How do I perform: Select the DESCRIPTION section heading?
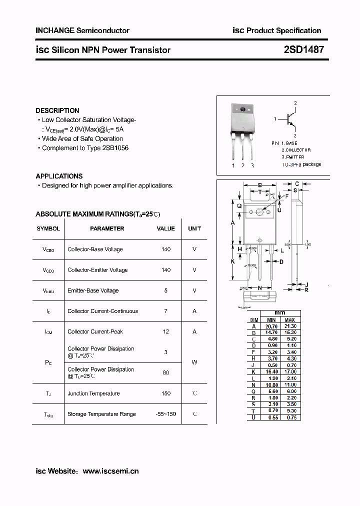57,110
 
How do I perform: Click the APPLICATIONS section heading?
59,176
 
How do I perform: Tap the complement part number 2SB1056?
115,148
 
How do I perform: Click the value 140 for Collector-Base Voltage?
166,249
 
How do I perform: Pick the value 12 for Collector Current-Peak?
166,331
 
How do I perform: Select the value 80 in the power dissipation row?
166,372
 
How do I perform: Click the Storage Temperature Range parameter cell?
101,414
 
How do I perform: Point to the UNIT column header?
194,228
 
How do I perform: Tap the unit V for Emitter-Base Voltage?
194,290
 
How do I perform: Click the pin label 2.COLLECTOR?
296,150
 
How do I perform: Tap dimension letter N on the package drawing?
259,288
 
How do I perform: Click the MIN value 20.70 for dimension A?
271,326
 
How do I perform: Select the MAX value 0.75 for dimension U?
290,417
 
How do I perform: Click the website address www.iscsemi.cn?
110,471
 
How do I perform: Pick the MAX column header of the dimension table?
290,320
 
